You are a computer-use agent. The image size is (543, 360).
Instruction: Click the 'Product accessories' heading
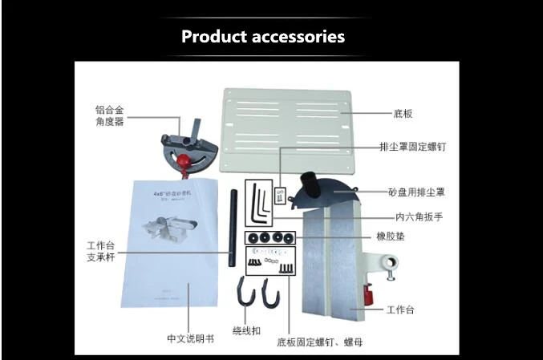pos(263,37)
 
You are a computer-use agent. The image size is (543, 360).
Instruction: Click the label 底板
pos(403,115)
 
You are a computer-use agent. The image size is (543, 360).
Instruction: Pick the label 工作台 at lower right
pos(400,309)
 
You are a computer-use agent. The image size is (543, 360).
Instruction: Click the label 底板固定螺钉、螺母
pos(319,342)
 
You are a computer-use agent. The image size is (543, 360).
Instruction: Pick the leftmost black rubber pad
pos(251,237)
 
